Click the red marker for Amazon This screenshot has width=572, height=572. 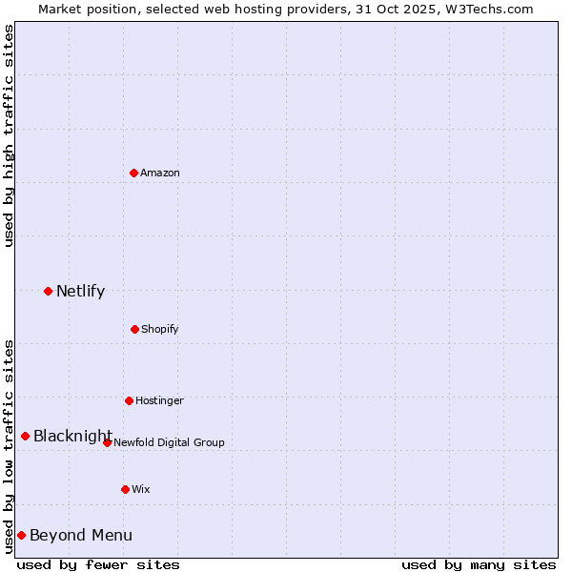point(134,173)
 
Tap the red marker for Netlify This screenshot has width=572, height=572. point(48,291)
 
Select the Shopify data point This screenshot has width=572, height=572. point(134,329)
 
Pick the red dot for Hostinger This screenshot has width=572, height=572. point(129,400)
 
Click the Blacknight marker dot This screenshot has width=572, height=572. point(26,436)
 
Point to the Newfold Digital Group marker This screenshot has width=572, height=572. point(107,442)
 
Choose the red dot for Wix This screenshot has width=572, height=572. point(125,489)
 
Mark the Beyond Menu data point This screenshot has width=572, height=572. point(21,535)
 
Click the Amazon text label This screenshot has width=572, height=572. point(160,173)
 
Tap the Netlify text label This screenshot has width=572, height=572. point(80,291)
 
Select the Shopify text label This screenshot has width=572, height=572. point(159,329)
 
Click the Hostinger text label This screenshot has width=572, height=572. point(159,400)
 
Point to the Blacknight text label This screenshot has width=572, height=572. point(72,436)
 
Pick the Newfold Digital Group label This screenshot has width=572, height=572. point(169,442)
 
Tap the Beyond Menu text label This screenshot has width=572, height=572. point(81,535)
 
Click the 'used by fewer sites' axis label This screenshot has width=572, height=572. point(98,564)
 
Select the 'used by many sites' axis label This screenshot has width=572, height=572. point(479,564)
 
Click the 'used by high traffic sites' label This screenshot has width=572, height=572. point(9,135)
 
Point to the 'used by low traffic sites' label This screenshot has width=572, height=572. point(9,446)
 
